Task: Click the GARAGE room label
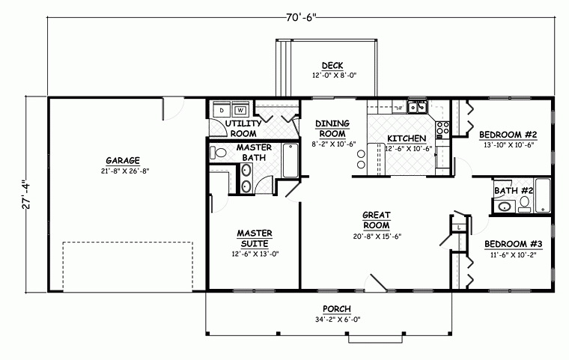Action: point(122,159)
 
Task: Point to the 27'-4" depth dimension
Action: point(28,194)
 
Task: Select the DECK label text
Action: point(332,66)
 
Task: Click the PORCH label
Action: point(337,309)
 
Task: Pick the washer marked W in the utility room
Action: point(240,109)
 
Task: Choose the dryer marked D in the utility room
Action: point(222,109)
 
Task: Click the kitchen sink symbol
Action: point(417,106)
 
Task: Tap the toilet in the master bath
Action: point(218,153)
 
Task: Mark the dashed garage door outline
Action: point(124,266)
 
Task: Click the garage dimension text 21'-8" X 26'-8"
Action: point(123,170)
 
